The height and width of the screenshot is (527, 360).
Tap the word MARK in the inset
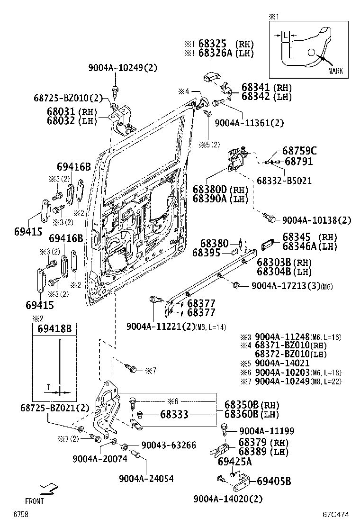tap(335, 71)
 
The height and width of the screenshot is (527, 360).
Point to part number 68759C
tap(299, 151)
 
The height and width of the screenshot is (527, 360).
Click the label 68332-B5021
tap(284, 181)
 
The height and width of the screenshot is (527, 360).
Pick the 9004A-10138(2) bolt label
tap(316, 220)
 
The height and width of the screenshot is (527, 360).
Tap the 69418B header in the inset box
tap(54, 328)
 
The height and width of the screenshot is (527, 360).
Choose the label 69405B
tap(273, 482)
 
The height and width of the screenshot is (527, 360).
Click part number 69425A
tap(234, 461)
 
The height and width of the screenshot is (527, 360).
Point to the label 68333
tap(174, 415)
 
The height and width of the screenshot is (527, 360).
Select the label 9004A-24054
tap(146, 479)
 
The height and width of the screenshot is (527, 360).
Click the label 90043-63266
tap(168, 445)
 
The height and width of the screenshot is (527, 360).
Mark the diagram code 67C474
tap(336, 515)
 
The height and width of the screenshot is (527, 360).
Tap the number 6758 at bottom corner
tap(20, 515)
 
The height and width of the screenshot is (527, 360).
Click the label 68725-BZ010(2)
tap(68, 98)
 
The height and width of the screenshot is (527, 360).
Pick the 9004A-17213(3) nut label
tap(287, 286)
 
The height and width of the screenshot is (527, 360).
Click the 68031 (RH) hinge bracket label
tap(72, 112)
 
